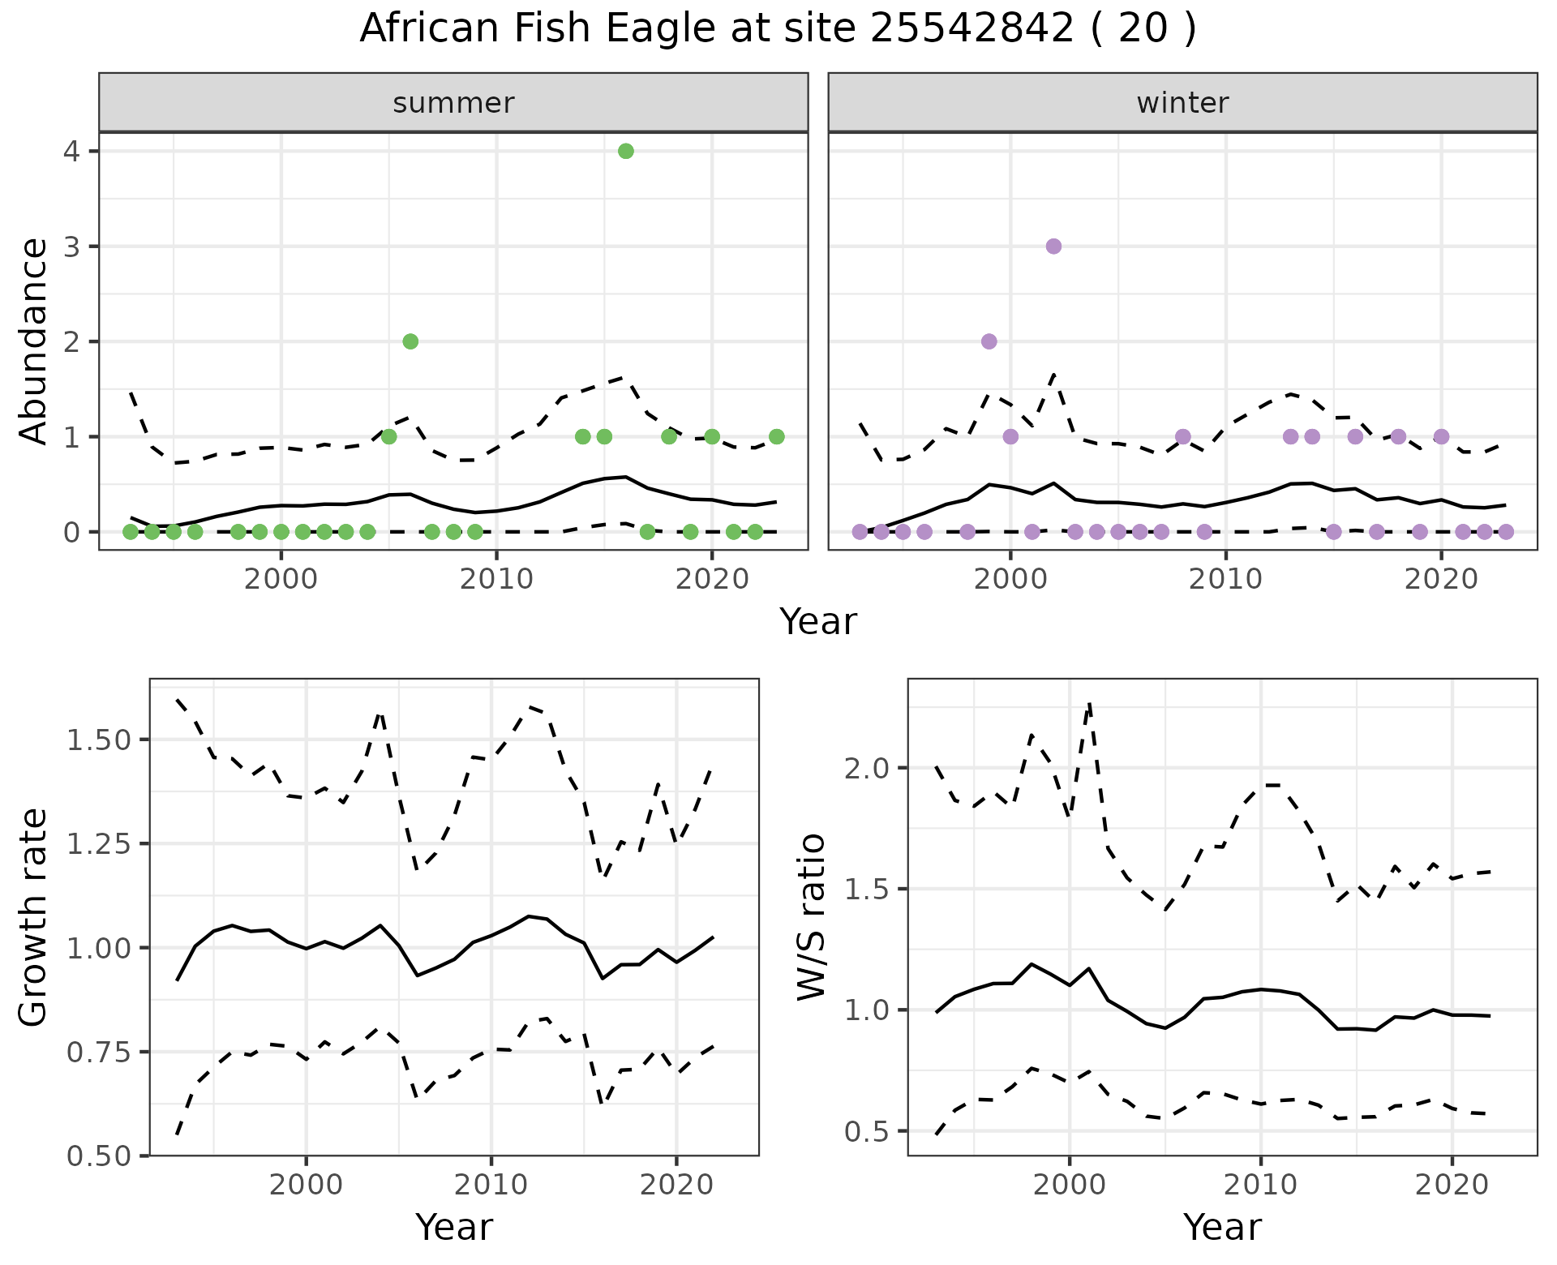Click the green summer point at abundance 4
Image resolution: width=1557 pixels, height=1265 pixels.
[625, 151]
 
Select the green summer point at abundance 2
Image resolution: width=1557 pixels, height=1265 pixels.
[410, 341]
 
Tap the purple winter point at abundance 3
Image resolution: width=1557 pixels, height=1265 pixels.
[1053, 247]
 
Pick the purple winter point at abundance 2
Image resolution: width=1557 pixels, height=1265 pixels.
[989, 341]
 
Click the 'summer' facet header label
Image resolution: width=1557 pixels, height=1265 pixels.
[453, 103]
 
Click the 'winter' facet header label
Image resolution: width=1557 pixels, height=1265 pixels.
[1182, 103]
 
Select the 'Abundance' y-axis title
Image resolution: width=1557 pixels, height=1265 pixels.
[34, 341]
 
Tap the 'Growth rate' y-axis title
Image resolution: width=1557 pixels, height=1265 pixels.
[34, 917]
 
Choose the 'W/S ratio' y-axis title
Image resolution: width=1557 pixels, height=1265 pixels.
[811, 917]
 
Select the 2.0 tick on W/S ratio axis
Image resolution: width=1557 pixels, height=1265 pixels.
[869, 768]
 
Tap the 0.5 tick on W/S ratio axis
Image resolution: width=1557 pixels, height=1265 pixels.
[869, 1131]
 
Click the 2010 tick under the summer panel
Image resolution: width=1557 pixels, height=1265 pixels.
[496, 579]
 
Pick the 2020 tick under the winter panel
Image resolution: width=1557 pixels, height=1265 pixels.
[1440, 579]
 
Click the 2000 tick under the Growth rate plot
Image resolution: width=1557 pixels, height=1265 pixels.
[306, 1185]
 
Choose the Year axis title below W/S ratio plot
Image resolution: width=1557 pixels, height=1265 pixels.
[1222, 1227]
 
